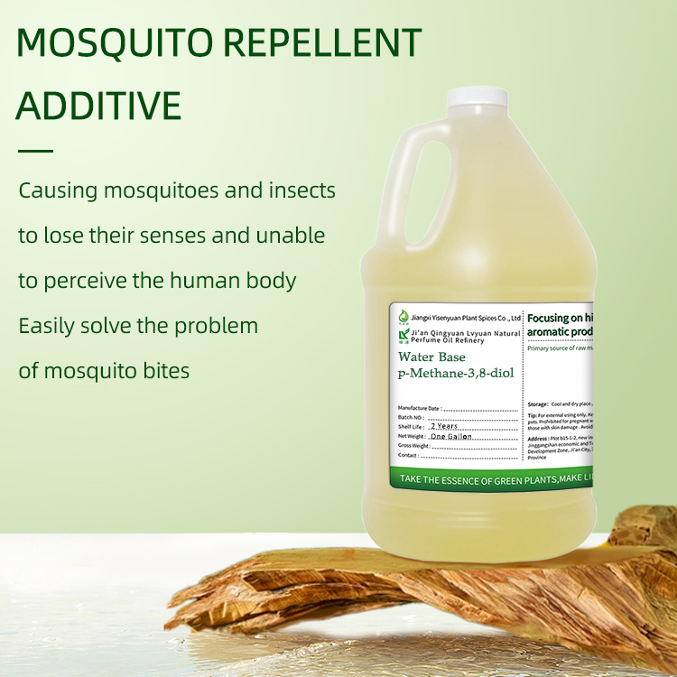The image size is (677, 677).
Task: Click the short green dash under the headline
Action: coord(35,151)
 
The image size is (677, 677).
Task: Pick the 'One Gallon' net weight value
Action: coord(451,436)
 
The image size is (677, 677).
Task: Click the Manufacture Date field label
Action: coord(419,409)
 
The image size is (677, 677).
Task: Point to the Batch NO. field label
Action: coord(411,418)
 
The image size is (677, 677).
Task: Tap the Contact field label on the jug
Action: coord(408,456)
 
